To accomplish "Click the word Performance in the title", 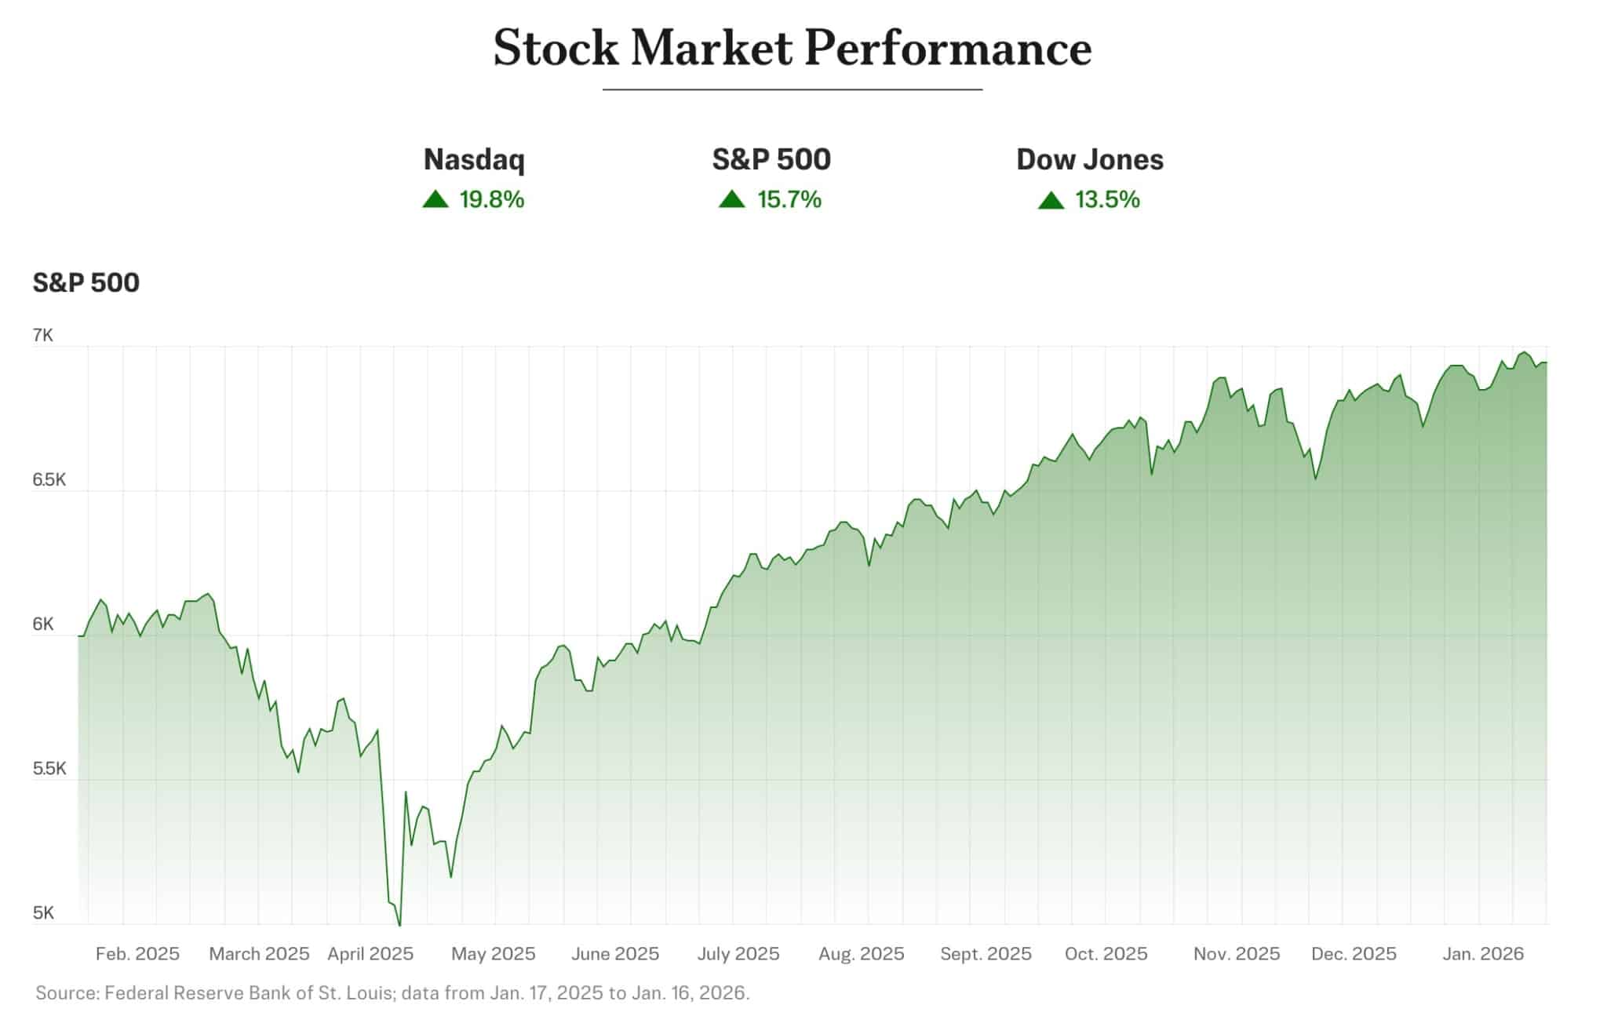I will click(x=948, y=48).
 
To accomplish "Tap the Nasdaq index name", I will click(x=474, y=159).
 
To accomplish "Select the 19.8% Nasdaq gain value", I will click(x=491, y=200).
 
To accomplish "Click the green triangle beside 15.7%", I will click(x=731, y=199).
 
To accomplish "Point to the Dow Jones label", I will click(x=1089, y=159).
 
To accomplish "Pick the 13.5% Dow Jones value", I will click(x=1106, y=200).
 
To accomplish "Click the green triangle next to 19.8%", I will click(x=435, y=199).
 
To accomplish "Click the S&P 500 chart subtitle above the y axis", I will click(x=86, y=282).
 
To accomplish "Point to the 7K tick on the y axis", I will click(x=43, y=336).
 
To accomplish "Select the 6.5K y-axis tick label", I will click(x=49, y=480).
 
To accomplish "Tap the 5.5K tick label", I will click(x=49, y=769).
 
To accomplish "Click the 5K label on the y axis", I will click(x=43, y=913).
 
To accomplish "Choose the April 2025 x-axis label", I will click(x=370, y=954).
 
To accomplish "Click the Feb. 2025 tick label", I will click(x=137, y=954).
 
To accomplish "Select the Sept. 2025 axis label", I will click(x=986, y=954).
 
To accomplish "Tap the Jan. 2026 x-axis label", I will click(x=1483, y=954).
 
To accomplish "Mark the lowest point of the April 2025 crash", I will click(x=399, y=925).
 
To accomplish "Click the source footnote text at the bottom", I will click(x=392, y=993).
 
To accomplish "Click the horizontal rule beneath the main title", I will click(x=793, y=89).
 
